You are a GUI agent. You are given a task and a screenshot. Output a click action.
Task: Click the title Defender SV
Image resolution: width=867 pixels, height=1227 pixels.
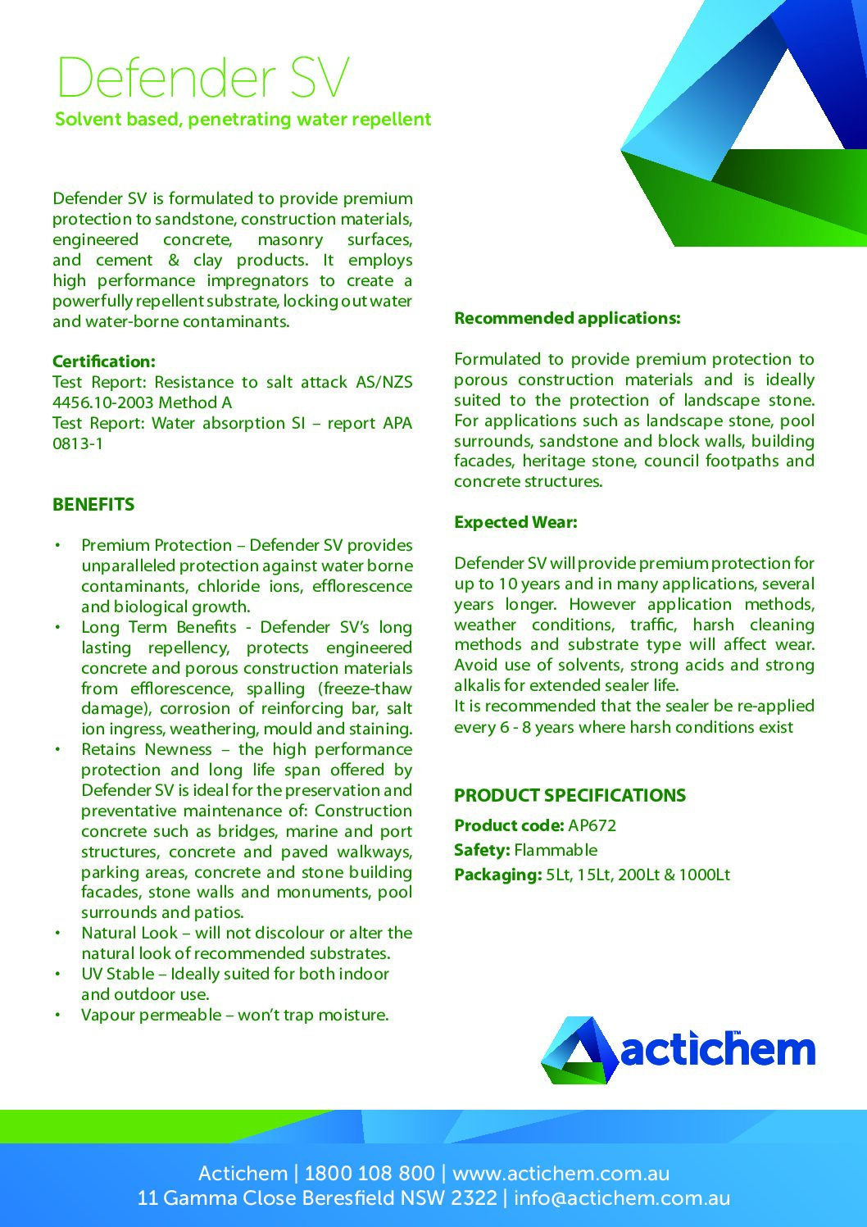pos(202,78)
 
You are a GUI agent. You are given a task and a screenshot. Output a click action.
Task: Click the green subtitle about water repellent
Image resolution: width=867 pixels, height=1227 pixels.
pos(243,120)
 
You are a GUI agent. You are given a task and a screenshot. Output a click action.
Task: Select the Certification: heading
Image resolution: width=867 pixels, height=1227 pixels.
pos(103,361)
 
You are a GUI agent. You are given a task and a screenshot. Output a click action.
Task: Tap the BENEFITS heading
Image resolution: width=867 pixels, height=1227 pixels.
pos(93,505)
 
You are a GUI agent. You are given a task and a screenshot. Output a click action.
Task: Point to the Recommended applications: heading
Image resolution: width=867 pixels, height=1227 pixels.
pos(567,318)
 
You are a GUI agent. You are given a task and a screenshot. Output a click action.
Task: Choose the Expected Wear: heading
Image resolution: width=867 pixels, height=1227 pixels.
pos(515,522)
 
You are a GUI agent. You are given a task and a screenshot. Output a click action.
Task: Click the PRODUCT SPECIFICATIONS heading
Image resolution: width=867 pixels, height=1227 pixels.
pos(570,795)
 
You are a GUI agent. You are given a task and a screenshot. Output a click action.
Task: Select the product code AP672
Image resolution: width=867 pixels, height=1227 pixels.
pos(592,825)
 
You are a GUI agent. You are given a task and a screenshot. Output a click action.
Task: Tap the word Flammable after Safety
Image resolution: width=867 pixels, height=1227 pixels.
pos(556,850)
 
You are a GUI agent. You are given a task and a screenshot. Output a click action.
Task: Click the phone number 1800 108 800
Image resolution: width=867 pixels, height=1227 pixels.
pos(369,1173)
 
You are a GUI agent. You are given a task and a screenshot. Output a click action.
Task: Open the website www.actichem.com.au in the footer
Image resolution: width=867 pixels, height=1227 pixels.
pos(561,1173)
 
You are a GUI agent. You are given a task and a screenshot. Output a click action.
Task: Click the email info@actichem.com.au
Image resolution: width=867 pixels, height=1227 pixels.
pos(622,1198)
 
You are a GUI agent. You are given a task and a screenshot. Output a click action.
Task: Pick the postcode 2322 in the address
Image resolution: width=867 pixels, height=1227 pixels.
pos(474,1198)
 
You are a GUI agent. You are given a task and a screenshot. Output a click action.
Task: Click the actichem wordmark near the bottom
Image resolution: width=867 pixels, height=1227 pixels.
pos(718,1050)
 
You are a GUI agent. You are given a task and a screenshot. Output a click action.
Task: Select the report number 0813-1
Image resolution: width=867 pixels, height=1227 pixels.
pos(78,443)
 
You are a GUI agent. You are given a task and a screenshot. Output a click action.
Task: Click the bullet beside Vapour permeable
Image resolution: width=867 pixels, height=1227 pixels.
pos(57,1016)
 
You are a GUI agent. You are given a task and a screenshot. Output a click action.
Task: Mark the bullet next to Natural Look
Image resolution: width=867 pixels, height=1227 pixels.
pos(57,934)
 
